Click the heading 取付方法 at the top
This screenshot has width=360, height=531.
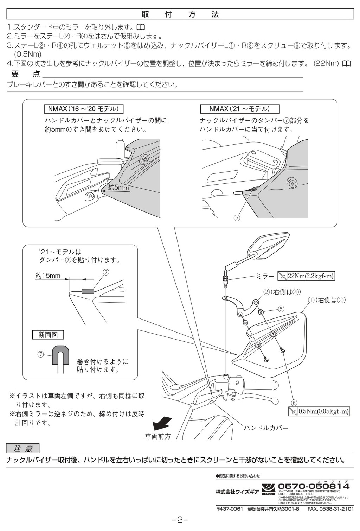click(180, 14)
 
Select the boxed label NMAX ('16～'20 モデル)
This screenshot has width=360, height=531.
click(83, 109)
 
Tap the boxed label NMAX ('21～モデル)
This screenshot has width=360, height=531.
click(239, 109)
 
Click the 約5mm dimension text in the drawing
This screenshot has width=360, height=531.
click(118, 188)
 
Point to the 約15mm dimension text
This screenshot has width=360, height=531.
click(48, 276)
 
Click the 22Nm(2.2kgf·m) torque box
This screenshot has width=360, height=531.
click(306, 276)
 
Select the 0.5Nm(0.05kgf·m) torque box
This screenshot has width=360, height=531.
click(319, 411)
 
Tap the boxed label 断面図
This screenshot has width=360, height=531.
click(48, 335)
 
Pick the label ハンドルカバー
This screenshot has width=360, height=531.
click(266, 428)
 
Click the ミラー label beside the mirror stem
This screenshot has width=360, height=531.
click(265, 276)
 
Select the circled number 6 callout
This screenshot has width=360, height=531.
click(294, 403)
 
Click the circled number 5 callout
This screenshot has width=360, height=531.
click(281, 309)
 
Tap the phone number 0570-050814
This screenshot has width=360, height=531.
click(314, 486)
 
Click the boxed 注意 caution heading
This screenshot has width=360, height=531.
click(23, 448)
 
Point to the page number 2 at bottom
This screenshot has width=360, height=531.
click(180, 520)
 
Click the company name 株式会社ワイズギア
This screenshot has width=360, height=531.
click(237, 492)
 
